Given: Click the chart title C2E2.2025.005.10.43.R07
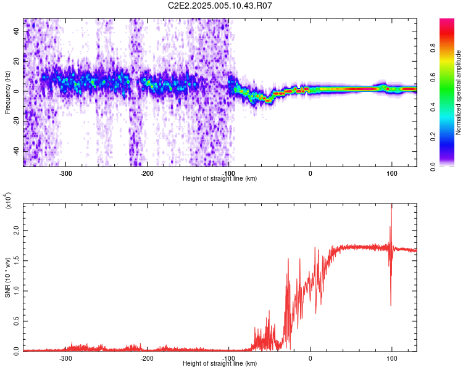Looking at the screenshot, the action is click(x=220, y=6).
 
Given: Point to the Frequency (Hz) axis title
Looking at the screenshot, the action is click(x=7, y=92).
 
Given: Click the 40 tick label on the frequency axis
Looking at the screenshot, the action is click(x=17, y=31).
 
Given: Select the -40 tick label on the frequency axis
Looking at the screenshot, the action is click(x=17, y=150).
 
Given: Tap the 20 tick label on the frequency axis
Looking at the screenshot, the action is click(x=17, y=61).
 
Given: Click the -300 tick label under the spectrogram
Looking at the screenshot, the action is click(x=65, y=173).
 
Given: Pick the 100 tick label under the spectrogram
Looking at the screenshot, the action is click(x=391, y=173).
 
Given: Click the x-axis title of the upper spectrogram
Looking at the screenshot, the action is click(x=220, y=178).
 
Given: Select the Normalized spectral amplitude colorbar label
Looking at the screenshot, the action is click(x=458, y=92).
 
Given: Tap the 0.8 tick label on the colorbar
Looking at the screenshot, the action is click(x=433, y=47).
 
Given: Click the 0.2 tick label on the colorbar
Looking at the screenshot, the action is click(x=433, y=137).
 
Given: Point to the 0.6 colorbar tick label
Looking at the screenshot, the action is click(x=433, y=77).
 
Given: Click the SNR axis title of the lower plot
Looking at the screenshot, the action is click(x=7, y=277).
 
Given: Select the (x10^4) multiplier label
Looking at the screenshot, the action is click(x=7, y=200).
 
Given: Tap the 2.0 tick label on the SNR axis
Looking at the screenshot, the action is click(x=17, y=231).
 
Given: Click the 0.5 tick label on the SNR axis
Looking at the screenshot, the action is click(x=17, y=321).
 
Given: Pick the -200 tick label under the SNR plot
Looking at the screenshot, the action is click(x=147, y=358).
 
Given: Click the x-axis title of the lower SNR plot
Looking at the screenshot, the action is click(x=220, y=363).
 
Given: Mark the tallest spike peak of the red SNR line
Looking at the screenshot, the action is click(x=391, y=204).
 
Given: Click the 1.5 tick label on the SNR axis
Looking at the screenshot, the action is click(x=17, y=261).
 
